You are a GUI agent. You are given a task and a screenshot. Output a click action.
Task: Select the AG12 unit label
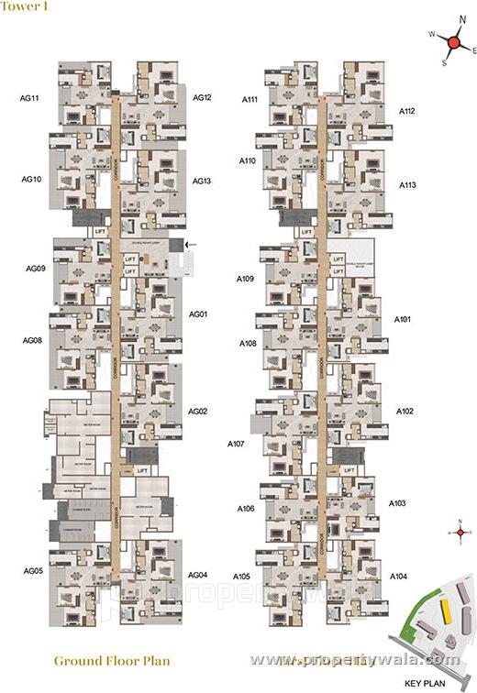coord(203,97)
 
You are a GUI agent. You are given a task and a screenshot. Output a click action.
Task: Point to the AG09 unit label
coord(36,269)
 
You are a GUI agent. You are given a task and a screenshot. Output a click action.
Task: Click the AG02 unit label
coord(198,412)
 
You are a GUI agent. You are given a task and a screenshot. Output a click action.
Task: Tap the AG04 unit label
coord(197,575)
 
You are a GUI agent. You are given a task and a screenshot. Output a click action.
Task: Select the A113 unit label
coord(408,185)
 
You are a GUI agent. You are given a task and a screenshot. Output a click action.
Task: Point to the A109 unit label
coord(245,278)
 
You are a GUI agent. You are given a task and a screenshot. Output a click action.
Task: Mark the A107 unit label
coord(237,444)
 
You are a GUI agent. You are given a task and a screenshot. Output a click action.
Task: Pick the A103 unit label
coord(398,503)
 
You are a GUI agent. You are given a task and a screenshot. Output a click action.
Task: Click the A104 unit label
coord(398,576)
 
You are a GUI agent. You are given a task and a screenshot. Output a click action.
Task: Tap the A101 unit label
coord(404,320)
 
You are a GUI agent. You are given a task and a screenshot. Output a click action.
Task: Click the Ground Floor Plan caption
coord(112,660)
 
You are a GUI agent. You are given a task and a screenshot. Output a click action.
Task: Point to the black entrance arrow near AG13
coord(190,244)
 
